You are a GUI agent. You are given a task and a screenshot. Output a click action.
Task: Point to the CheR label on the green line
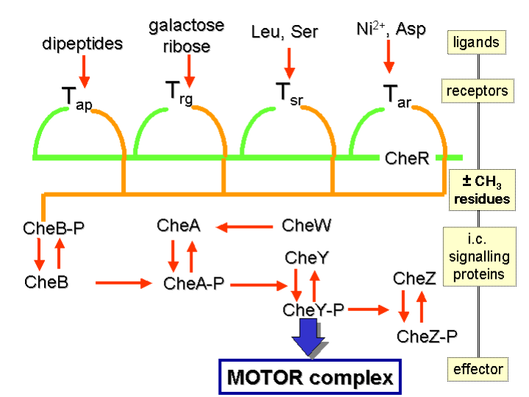(406, 157)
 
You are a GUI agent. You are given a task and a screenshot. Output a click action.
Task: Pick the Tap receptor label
(76, 96)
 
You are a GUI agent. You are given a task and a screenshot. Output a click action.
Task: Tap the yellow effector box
(478, 368)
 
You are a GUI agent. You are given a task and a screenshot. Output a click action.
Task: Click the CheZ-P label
(427, 337)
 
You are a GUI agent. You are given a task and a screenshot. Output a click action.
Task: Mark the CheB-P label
(54, 228)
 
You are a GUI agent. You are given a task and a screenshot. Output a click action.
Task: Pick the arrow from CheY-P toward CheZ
(368, 310)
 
